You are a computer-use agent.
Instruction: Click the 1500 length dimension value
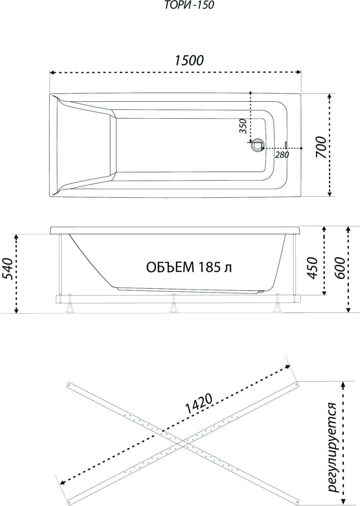(189, 60)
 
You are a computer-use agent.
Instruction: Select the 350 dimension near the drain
(243, 126)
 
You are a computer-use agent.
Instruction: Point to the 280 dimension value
(282, 155)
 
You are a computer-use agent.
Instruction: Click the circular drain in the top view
(257, 145)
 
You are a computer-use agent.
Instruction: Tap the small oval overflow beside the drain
(286, 145)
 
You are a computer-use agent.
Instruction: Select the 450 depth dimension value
(313, 268)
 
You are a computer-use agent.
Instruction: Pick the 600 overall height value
(340, 268)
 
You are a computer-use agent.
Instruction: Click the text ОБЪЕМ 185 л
(189, 268)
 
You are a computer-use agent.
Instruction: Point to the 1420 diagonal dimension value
(198, 404)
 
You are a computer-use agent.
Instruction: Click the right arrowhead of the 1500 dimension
(299, 72)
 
